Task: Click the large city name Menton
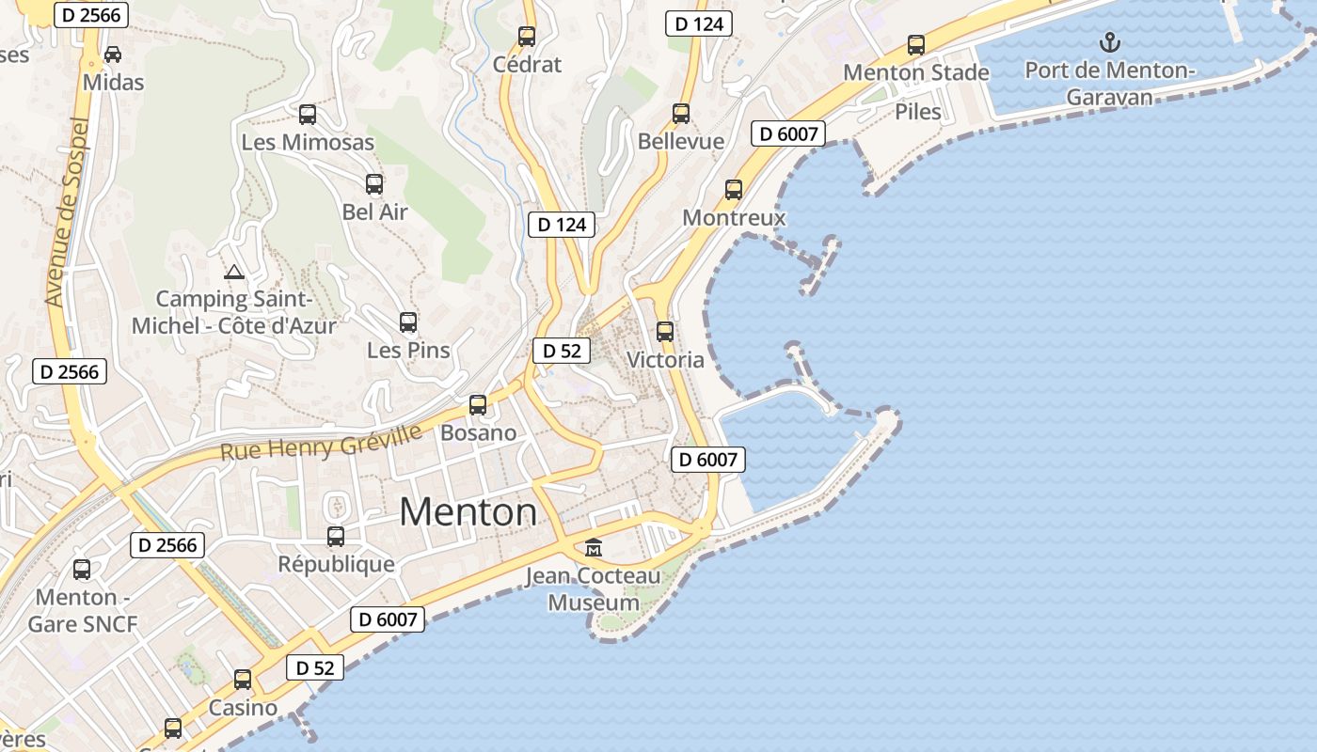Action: point(468,512)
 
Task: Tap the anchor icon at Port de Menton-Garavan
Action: point(1110,42)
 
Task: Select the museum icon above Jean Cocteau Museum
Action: point(594,547)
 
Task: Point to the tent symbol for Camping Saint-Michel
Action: point(234,273)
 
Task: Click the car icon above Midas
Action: point(113,55)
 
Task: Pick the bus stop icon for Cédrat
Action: point(527,37)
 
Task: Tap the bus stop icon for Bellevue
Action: point(681,114)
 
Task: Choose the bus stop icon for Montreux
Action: point(734,190)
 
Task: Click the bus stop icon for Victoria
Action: point(665,332)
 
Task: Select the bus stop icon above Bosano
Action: point(478,405)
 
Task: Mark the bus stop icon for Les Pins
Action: point(408,322)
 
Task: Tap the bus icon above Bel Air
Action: point(374,184)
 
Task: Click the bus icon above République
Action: point(336,537)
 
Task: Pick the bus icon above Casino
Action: point(243,680)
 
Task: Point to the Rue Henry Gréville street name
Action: point(321,442)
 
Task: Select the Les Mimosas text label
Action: point(308,143)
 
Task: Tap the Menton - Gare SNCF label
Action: point(83,610)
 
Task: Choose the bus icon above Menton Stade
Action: point(916,44)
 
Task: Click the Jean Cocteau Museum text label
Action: point(594,589)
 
